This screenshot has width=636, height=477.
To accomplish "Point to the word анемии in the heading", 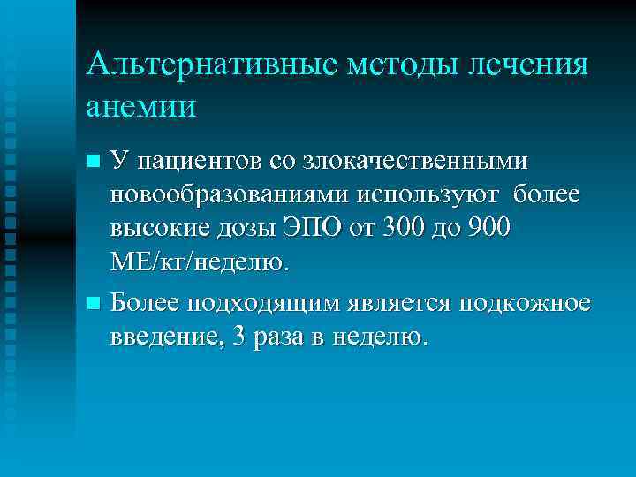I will tap(142, 105).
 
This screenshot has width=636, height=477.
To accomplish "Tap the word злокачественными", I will tap(415, 161).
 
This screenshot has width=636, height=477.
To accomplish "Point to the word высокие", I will tap(158, 227).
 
